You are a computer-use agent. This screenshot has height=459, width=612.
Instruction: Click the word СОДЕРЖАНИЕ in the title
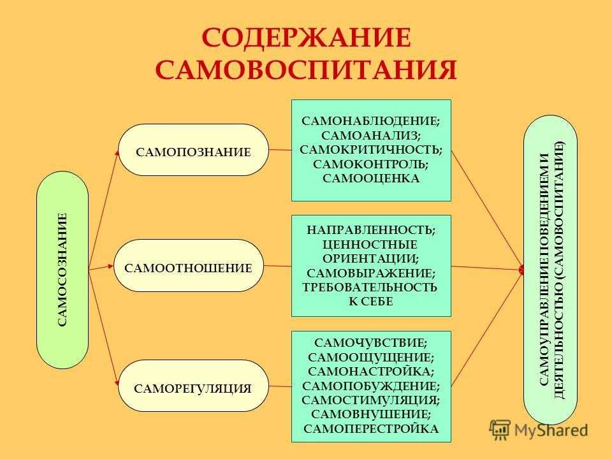point(307,38)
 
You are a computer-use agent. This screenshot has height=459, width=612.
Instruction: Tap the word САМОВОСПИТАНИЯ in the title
point(306,70)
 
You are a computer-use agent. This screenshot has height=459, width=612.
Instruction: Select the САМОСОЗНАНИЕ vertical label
point(62,270)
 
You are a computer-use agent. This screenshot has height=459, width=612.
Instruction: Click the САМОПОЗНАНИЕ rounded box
point(194,150)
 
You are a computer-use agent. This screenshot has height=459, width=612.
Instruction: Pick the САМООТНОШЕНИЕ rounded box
point(189,266)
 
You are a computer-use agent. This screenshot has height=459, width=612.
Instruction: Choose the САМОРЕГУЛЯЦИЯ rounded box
point(194,386)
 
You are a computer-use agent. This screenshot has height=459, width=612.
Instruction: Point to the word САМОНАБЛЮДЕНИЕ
point(371,121)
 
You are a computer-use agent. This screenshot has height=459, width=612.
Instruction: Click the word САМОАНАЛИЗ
point(371,135)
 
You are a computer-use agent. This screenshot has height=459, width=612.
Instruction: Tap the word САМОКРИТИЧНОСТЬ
point(371,150)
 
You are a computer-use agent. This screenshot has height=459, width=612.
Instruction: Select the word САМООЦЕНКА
point(371,178)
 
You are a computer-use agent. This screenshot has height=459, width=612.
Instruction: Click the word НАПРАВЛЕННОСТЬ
point(371,230)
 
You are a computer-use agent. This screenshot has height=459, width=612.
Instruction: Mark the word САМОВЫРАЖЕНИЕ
point(371,273)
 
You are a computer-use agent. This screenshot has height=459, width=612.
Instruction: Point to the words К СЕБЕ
point(371,302)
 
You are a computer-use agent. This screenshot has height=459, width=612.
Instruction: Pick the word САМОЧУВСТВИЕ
point(371,343)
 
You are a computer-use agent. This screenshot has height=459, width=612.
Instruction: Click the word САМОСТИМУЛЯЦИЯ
point(371,400)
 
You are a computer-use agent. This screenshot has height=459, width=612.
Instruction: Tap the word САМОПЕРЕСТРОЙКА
point(371,428)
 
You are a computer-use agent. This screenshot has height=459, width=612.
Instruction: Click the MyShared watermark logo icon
point(500,430)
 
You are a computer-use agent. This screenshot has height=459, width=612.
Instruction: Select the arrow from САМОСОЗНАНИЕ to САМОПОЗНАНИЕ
point(103,210)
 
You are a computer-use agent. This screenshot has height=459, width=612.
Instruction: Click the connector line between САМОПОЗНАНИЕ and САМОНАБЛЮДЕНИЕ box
point(280,149)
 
